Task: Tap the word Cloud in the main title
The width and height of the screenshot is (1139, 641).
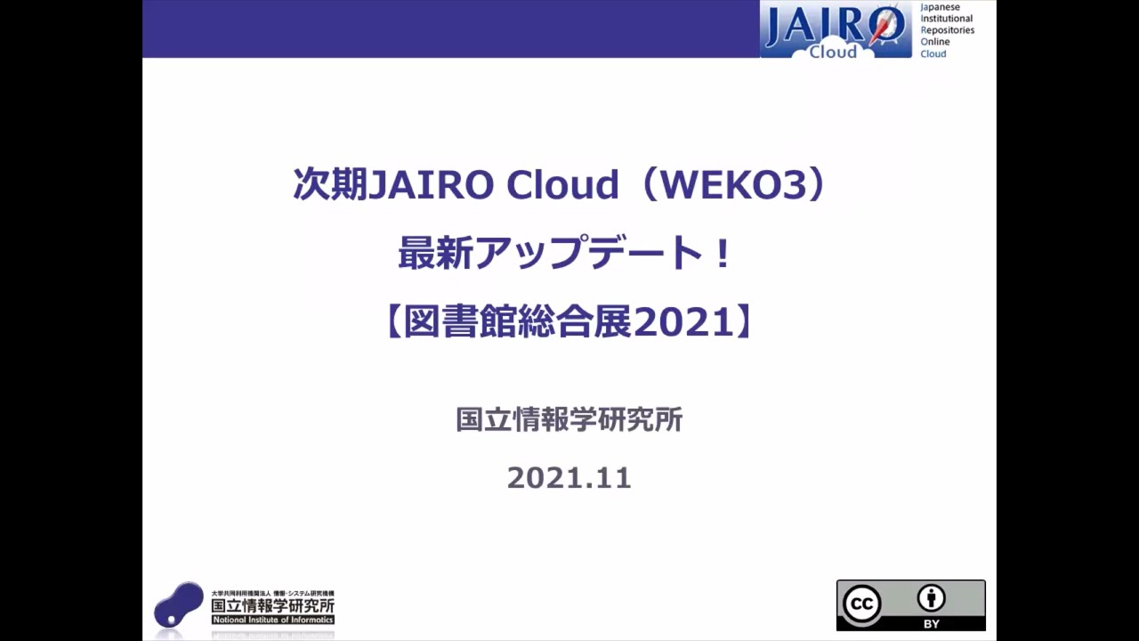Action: (561, 185)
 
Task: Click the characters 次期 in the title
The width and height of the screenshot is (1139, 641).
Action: (329, 185)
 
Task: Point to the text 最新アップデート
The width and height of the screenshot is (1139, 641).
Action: (552, 255)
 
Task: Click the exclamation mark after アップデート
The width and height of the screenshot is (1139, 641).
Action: (722, 255)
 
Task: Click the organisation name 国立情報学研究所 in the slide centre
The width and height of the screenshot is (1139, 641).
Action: (569, 419)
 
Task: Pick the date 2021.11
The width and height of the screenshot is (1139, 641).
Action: (569, 478)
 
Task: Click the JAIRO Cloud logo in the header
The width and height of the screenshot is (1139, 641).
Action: (835, 30)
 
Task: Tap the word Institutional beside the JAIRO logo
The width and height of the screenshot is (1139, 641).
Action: (947, 19)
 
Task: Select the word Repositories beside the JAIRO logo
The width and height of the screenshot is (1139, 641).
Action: (947, 30)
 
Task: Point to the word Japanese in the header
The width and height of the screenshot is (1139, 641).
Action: (940, 7)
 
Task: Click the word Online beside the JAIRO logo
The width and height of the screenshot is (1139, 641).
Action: (935, 42)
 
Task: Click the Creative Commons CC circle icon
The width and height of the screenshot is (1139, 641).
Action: (861, 604)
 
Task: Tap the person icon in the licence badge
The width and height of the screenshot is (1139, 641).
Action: (932, 598)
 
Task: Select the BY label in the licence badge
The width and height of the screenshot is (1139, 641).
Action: (932, 623)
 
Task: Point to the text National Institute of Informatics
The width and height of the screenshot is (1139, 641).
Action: (272, 620)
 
